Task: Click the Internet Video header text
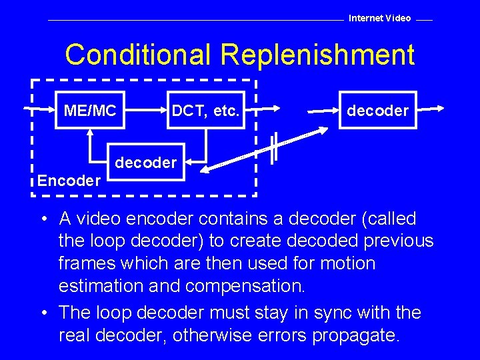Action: tap(380, 18)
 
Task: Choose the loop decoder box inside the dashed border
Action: tap(145, 162)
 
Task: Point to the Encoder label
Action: tap(69, 180)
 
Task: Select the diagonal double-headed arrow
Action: tap(267, 151)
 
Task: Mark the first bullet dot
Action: tap(42, 219)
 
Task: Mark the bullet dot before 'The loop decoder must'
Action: tap(42, 313)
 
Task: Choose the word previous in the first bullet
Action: tap(397, 241)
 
